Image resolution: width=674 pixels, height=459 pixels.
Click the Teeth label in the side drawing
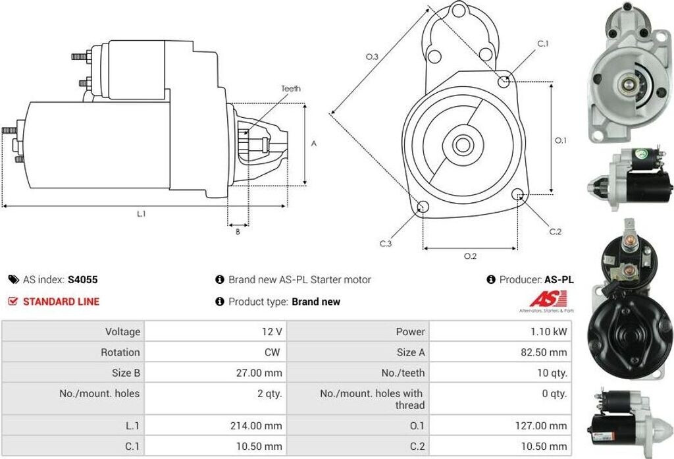coord(291,88)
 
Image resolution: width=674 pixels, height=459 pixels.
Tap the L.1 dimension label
coord(142,214)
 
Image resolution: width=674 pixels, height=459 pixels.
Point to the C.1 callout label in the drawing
coord(543,43)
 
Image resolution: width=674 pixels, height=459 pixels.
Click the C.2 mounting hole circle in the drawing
coord(519,194)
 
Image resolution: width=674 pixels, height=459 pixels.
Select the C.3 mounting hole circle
coord(423,207)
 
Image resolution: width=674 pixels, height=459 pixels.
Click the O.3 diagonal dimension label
coord(372,57)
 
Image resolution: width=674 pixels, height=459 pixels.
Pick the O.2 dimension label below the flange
coord(470,256)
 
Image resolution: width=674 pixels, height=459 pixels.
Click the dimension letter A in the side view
coord(314,144)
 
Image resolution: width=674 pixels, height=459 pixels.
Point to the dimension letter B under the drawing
coord(238,231)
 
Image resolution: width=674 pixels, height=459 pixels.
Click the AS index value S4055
coord(83,279)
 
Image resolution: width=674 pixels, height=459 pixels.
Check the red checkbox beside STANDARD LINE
coord(13,302)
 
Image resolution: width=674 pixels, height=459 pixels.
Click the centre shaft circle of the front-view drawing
coord(462,144)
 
